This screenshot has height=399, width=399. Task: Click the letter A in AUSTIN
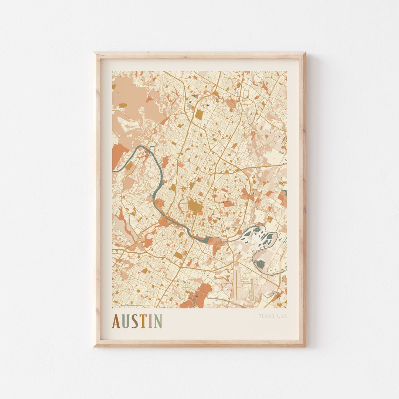tap(116, 321)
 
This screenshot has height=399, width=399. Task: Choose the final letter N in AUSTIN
tap(158, 321)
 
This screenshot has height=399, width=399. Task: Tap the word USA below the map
tap(282, 316)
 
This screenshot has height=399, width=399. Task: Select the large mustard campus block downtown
tap(194, 206)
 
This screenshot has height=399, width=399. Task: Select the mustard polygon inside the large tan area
tap(123, 105)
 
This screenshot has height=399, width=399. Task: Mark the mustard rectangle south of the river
tap(179, 255)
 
